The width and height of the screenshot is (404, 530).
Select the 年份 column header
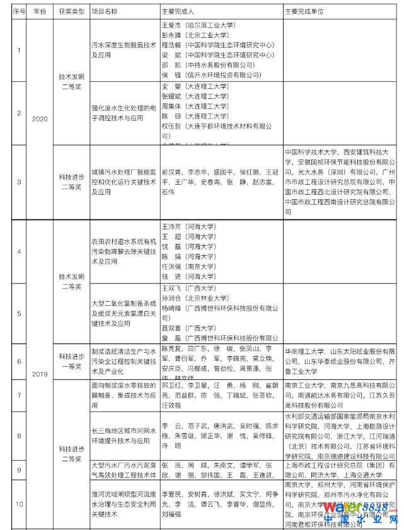(x=40, y=12)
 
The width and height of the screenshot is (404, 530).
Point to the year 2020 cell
(x=40, y=118)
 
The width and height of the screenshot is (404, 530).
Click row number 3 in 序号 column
(x=19, y=182)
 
